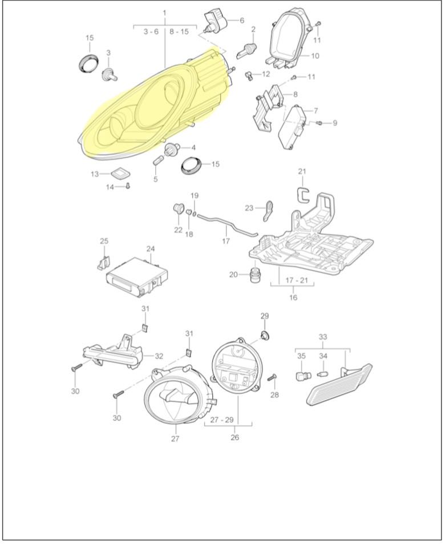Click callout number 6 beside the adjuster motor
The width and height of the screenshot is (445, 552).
(x=242, y=21)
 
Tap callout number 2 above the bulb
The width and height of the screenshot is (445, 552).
(x=253, y=29)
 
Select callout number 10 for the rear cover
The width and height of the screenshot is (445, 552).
(x=315, y=55)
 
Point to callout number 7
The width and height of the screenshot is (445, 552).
(x=315, y=111)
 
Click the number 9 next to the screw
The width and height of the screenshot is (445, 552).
(x=334, y=123)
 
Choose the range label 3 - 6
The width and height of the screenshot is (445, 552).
(x=151, y=32)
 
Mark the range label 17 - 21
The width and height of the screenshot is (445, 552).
(x=297, y=280)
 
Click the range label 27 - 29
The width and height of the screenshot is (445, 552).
(x=221, y=420)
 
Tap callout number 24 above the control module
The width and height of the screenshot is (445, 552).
(x=151, y=249)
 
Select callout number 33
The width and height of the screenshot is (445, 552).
(x=323, y=337)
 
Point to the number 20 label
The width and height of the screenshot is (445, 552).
(x=233, y=274)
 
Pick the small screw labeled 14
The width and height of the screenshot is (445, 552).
(x=128, y=186)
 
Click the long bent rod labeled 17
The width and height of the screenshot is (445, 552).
(x=227, y=225)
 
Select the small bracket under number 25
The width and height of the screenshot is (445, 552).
(x=103, y=262)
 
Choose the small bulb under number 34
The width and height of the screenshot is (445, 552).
(x=322, y=374)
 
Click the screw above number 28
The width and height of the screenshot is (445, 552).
(x=272, y=378)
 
